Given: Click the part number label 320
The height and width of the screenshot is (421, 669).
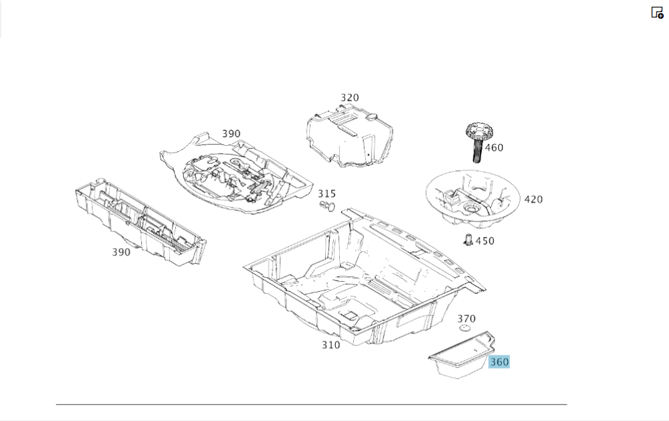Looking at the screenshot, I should (349, 98).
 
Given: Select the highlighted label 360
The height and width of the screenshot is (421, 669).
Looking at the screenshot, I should (499, 362).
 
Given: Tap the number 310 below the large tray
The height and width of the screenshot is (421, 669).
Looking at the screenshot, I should (330, 345).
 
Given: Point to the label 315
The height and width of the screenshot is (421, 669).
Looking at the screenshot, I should (326, 194).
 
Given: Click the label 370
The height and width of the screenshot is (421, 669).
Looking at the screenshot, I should (466, 319).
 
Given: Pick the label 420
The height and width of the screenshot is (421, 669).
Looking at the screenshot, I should (533, 199).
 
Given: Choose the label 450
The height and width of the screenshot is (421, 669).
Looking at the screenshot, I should (485, 241).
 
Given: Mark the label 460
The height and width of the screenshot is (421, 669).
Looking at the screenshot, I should (494, 148).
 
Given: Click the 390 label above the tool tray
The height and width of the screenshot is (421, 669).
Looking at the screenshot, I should (231, 134).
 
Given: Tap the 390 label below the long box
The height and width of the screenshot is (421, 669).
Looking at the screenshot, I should (121, 252).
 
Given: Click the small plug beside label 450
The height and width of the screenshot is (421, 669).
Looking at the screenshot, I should (468, 240).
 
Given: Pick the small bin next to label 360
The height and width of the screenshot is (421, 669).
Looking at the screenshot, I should (460, 355).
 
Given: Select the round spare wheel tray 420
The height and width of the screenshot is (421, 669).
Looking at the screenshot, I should (473, 197).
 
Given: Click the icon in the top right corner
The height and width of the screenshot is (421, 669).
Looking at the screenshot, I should (657, 13).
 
